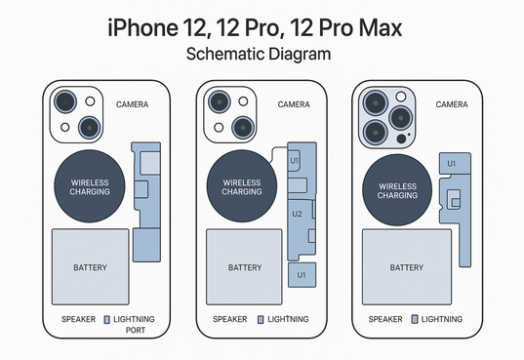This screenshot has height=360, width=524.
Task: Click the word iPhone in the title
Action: pyautogui.click(x=142, y=28)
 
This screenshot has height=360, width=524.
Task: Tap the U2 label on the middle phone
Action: pyautogui.click(x=297, y=214)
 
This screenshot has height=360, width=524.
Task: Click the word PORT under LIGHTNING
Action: pyautogui.click(x=136, y=331)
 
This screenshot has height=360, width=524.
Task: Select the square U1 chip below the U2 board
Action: pyautogui.click(x=302, y=275)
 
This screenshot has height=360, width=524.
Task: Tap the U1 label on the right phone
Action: pyautogui.click(x=451, y=164)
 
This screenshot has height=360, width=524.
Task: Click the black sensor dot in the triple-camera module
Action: pyautogui.click(x=401, y=139)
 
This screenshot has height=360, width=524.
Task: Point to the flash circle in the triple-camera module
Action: pyautogui.click(x=401, y=97)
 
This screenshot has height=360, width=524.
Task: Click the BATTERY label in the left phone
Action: pyautogui.click(x=90, y=267)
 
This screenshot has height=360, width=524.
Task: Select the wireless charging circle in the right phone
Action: pyautogui.click(x=397, y=190)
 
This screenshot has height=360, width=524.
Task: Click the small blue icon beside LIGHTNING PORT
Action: pyautogui.click(x=107, y=320)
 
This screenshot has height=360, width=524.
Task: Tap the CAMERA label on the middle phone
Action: pyautogui.click(x=294, y=104)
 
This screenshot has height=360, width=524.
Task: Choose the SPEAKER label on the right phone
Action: pyautogui.click(x=385, y=319)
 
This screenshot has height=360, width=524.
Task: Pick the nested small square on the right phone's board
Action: pyautogui.click(x=456, y=203)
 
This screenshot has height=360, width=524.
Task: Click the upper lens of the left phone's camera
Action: pyautogui.click(x=65, y=101)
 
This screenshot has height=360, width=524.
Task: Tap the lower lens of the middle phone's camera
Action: pyautogui.click(x=243, y=128)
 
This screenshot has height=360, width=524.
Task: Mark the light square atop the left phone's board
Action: pyautogui.click(x=150, y=163)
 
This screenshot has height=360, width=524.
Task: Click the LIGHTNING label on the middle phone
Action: pyautogui.click(x=288, y=319)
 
